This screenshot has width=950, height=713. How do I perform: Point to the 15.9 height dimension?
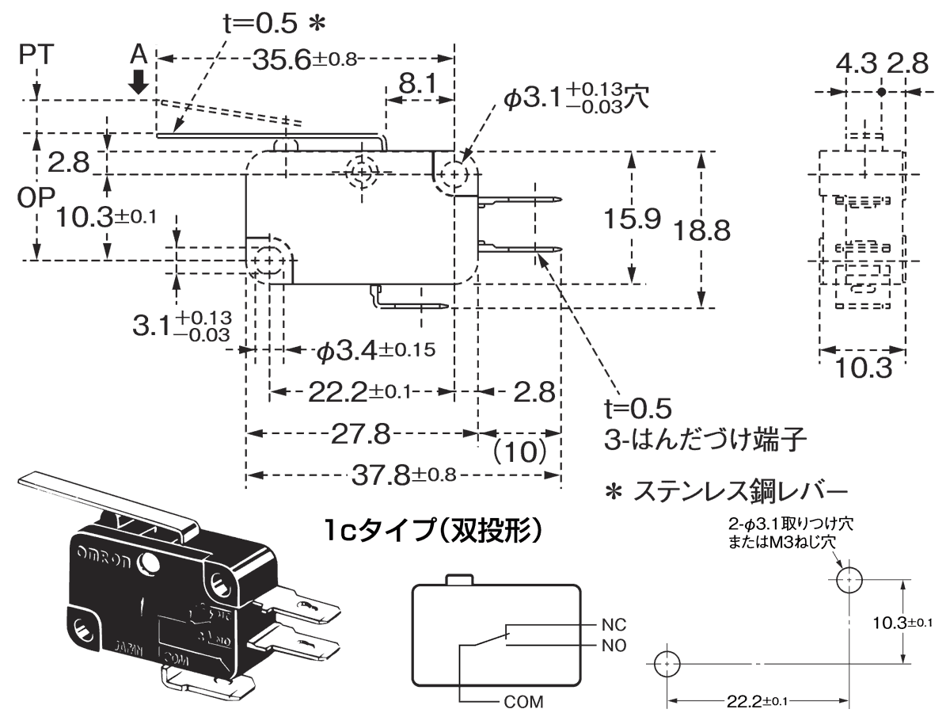pyautogui.click(x=631, y=219)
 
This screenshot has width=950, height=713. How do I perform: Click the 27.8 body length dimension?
pyautogui.click(x=360, y=434)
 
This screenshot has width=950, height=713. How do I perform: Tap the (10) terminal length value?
pyautogui.click(x=520, y=452)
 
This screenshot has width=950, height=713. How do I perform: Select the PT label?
pyautogui.click(x=36, y=55)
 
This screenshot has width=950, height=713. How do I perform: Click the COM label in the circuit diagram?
pyautogui.click(x=523, y=701)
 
